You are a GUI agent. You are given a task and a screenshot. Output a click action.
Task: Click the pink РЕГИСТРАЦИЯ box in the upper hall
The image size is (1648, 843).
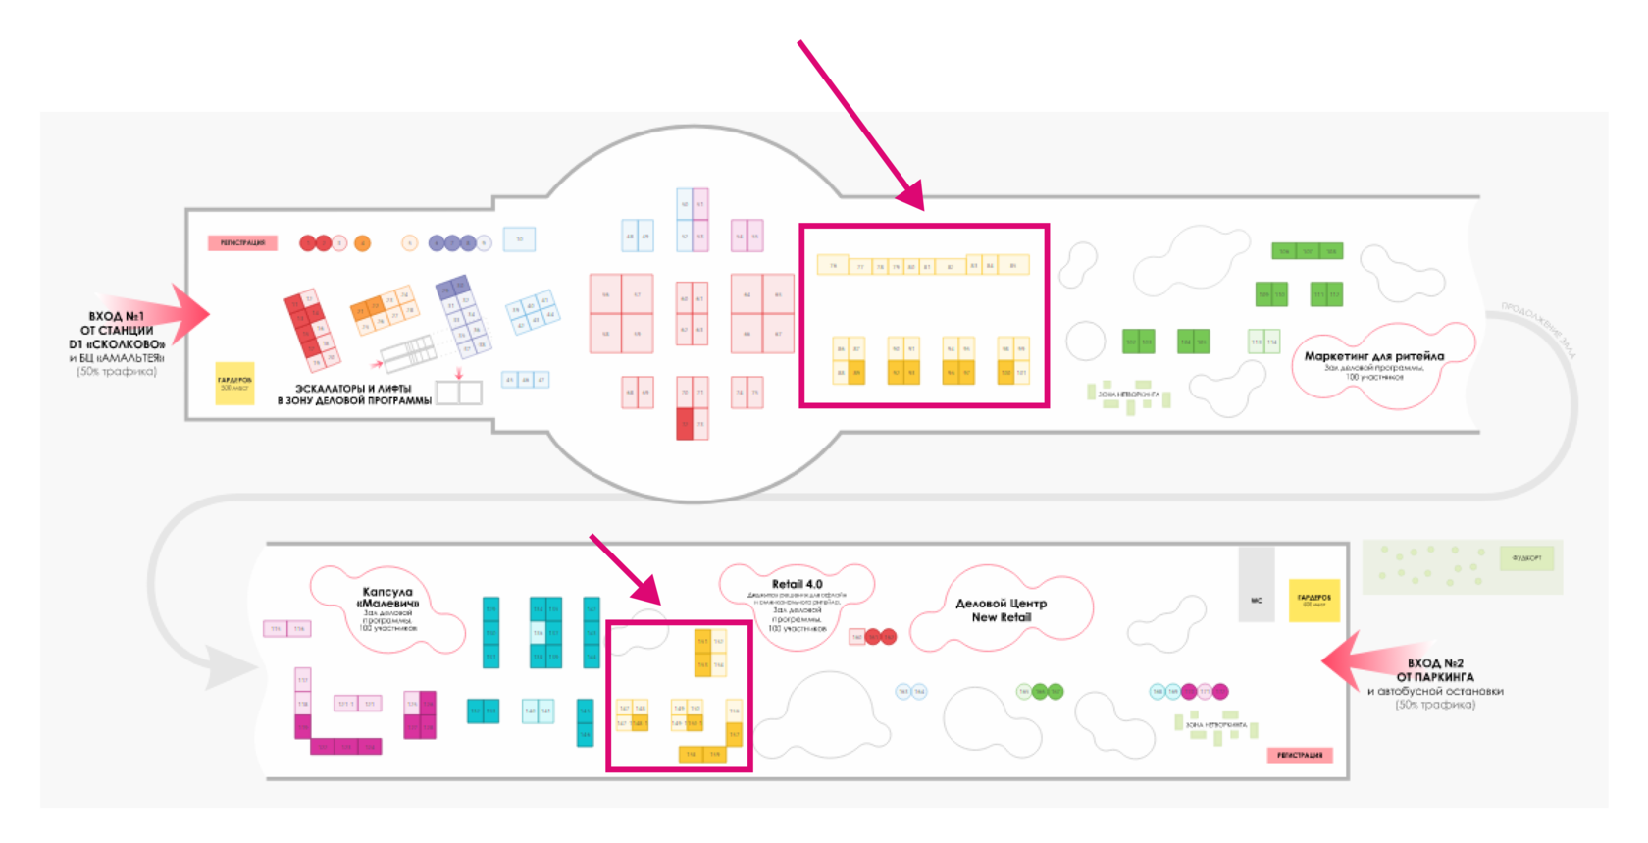point(242,242)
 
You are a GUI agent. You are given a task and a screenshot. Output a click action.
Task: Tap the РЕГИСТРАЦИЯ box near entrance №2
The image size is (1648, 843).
point(1300,755)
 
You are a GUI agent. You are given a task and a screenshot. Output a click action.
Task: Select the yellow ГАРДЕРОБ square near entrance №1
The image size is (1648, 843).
point(234,383)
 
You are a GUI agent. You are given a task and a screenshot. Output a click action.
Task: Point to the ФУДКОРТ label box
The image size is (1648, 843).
point(1526,558)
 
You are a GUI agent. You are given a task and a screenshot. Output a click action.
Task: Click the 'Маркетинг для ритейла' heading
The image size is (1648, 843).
point(1373,356)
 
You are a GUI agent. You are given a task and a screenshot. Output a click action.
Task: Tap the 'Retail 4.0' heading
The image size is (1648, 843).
point(797,584)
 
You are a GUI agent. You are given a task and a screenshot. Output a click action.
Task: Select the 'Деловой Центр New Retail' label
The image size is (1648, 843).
point(1001,610)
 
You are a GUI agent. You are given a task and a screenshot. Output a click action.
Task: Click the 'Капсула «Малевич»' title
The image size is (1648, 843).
point(387,598)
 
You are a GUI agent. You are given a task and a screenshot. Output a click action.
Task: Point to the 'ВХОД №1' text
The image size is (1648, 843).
point(116,316)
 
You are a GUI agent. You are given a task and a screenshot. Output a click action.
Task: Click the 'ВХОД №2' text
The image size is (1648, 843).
point(1435,663)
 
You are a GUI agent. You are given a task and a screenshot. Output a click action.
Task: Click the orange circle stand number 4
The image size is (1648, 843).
point(362,243)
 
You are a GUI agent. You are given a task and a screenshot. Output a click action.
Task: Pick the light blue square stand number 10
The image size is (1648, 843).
point(519,239)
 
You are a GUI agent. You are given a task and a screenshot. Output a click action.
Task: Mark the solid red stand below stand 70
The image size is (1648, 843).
point(685,425)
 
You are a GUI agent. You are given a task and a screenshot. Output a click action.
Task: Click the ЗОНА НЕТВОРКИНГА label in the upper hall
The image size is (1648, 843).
point(1128,395)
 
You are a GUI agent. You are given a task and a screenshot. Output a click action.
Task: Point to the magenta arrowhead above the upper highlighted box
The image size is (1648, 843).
point(911,196)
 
